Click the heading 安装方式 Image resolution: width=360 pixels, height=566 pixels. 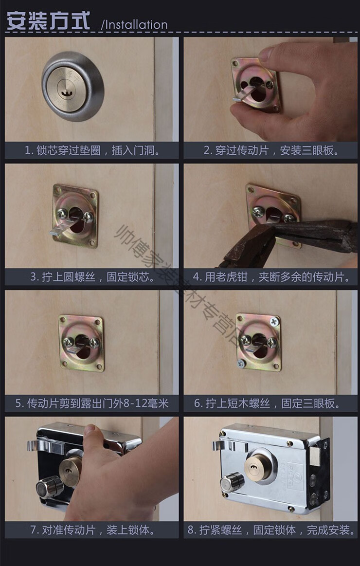pos(48,21)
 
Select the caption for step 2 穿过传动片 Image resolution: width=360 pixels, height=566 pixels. pos(270,150)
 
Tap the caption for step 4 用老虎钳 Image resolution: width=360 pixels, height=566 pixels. pos(270,277)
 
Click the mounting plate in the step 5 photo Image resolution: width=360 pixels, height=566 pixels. pos(81,343)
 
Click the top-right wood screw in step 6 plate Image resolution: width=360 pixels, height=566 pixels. pos(275,321)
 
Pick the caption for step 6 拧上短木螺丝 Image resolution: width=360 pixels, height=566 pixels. pos(270,403)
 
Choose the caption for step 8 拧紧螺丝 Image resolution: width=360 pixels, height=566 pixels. pos(270,530)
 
